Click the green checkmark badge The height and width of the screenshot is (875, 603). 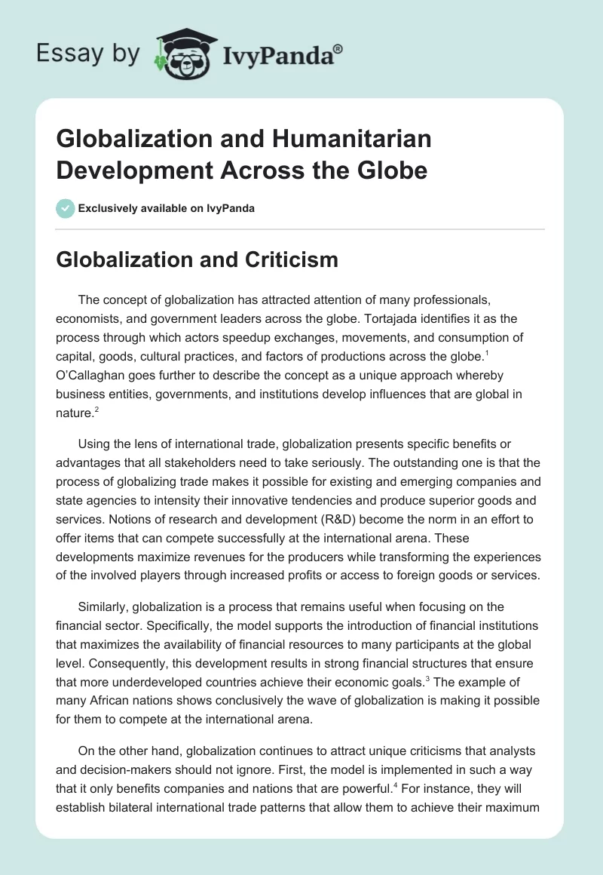[x=66, y=207]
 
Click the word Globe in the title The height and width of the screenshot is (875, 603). [x=393, y=170]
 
